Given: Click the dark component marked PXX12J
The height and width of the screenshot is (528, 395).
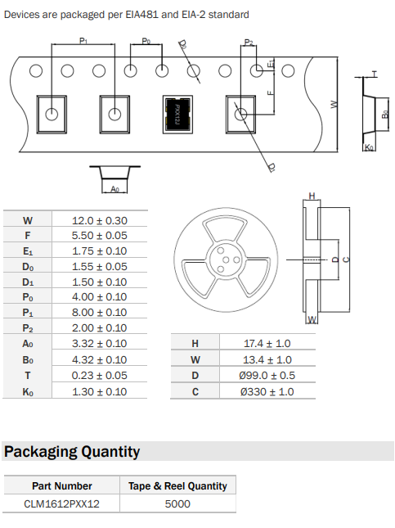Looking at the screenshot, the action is pos(177,114).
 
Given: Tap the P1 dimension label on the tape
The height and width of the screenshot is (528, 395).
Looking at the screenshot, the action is pos(83,41).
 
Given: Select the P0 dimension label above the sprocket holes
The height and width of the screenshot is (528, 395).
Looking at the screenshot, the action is pos(146,42).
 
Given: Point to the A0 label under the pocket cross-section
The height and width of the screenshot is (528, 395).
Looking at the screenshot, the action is pos(114,189).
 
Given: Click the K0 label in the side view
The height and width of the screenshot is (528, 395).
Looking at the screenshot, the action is pos(369,147).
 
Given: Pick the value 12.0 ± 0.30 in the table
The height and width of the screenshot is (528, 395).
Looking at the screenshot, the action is pos(100,220).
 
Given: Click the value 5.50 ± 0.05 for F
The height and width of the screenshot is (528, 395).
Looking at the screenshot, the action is pos(100,236).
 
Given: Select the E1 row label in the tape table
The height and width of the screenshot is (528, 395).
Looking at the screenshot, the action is pos(28,251).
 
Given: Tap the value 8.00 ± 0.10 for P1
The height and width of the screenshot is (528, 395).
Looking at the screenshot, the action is pos(100,312).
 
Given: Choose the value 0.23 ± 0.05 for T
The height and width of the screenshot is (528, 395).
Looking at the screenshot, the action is pos(100,376).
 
